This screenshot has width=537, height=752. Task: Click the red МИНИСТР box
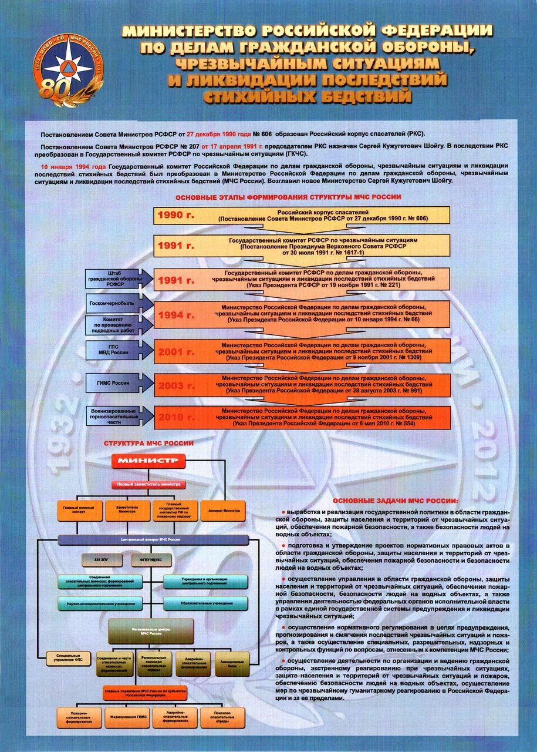coord(148,461)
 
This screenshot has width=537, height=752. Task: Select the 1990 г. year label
coord(174,216)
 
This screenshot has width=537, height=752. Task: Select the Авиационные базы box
coord(232,662)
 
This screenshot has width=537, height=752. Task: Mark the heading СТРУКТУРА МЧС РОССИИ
coord(148,443)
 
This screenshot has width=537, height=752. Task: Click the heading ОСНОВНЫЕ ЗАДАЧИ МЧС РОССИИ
coord(395,501)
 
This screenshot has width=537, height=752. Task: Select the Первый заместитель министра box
coord(148,485)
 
